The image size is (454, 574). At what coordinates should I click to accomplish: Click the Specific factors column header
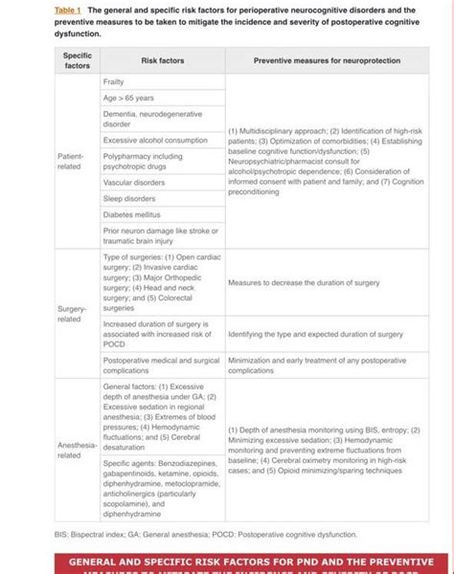77,59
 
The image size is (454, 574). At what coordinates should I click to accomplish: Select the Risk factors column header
162,59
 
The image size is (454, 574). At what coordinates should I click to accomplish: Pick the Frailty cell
114,83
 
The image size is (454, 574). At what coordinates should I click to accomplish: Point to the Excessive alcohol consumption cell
154,140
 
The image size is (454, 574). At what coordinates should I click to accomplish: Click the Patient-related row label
71,160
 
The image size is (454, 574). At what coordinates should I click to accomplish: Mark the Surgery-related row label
71,313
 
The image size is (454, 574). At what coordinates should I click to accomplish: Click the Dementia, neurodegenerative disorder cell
145,119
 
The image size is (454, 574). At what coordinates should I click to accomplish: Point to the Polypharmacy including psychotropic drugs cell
143,161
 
